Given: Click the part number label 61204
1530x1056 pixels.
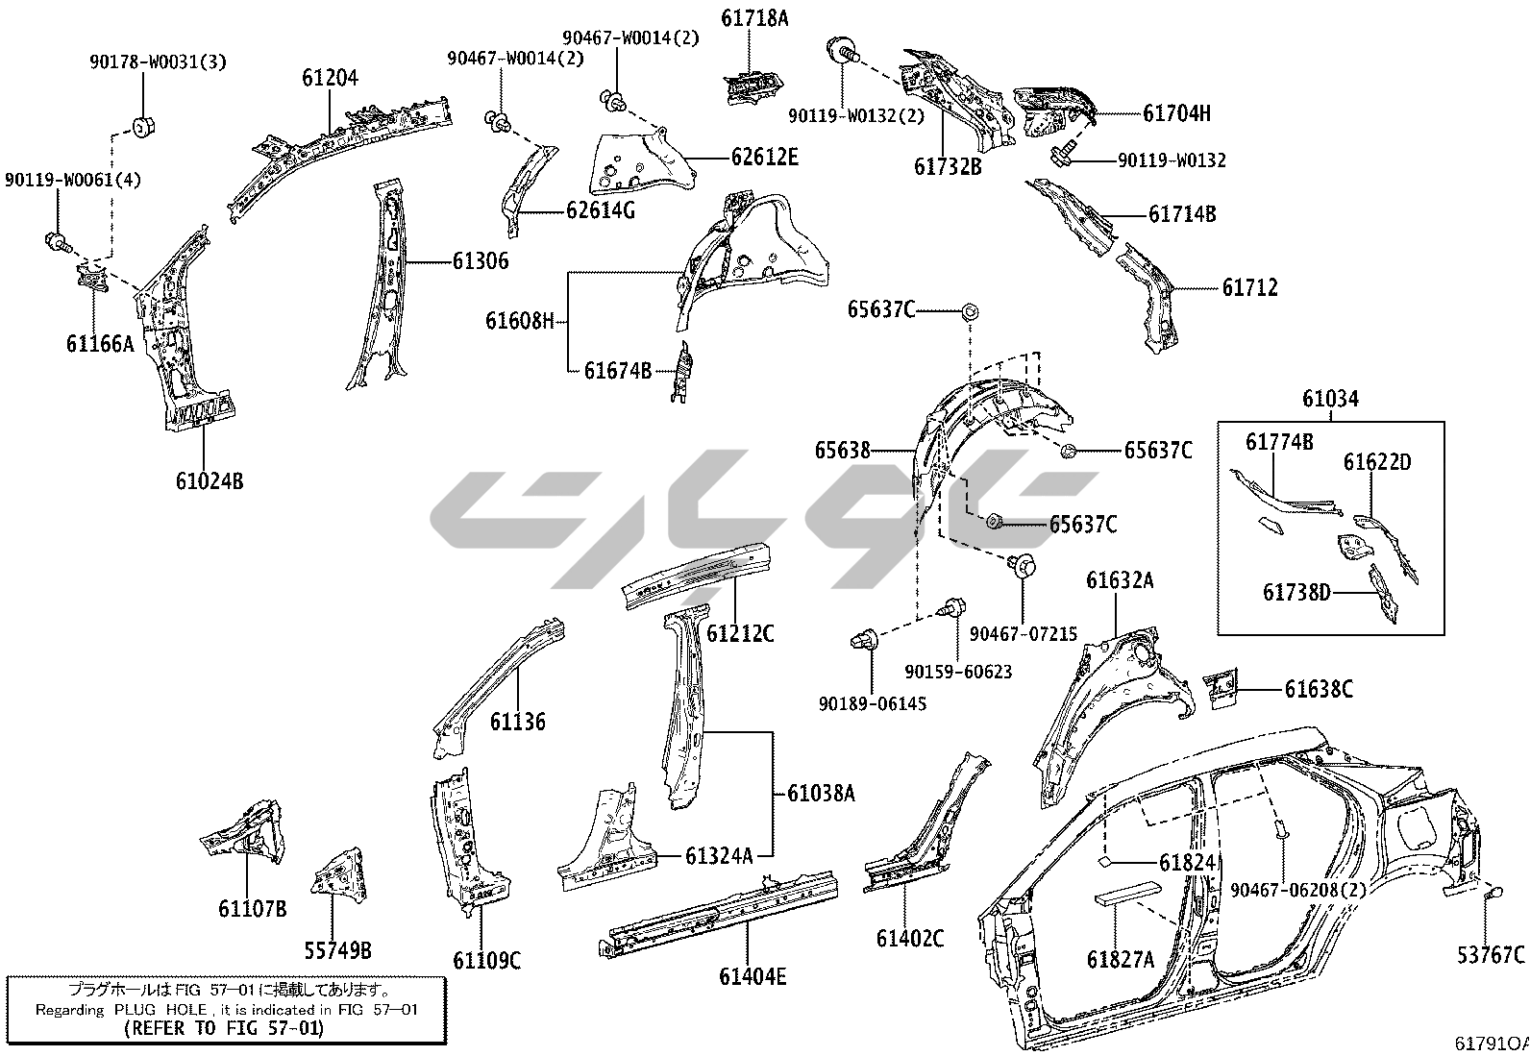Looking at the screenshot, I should click(x=330, y=77).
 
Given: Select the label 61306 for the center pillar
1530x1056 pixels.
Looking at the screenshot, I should click(x=480, y=261).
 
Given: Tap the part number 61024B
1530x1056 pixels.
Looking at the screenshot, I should click(x=209, y=480).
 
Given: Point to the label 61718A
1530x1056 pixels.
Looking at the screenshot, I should click(x=754, y=17).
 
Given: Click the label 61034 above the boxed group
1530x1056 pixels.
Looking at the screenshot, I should click(x=1331, y=398).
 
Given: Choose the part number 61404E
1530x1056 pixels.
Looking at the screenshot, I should click(x=753, y=976).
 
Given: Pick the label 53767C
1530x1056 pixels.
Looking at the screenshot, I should click(x=1491, y=954).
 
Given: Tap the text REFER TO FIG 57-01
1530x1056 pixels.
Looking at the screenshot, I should click(x=224, y=1027).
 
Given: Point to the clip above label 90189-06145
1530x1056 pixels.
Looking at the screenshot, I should click(x=862, y=638).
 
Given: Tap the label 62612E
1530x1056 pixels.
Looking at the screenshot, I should click(x=764, y=157).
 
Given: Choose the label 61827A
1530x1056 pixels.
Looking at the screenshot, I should click(x=1120, y=958).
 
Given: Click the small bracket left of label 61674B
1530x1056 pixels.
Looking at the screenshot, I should click(x=684, y=371).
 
